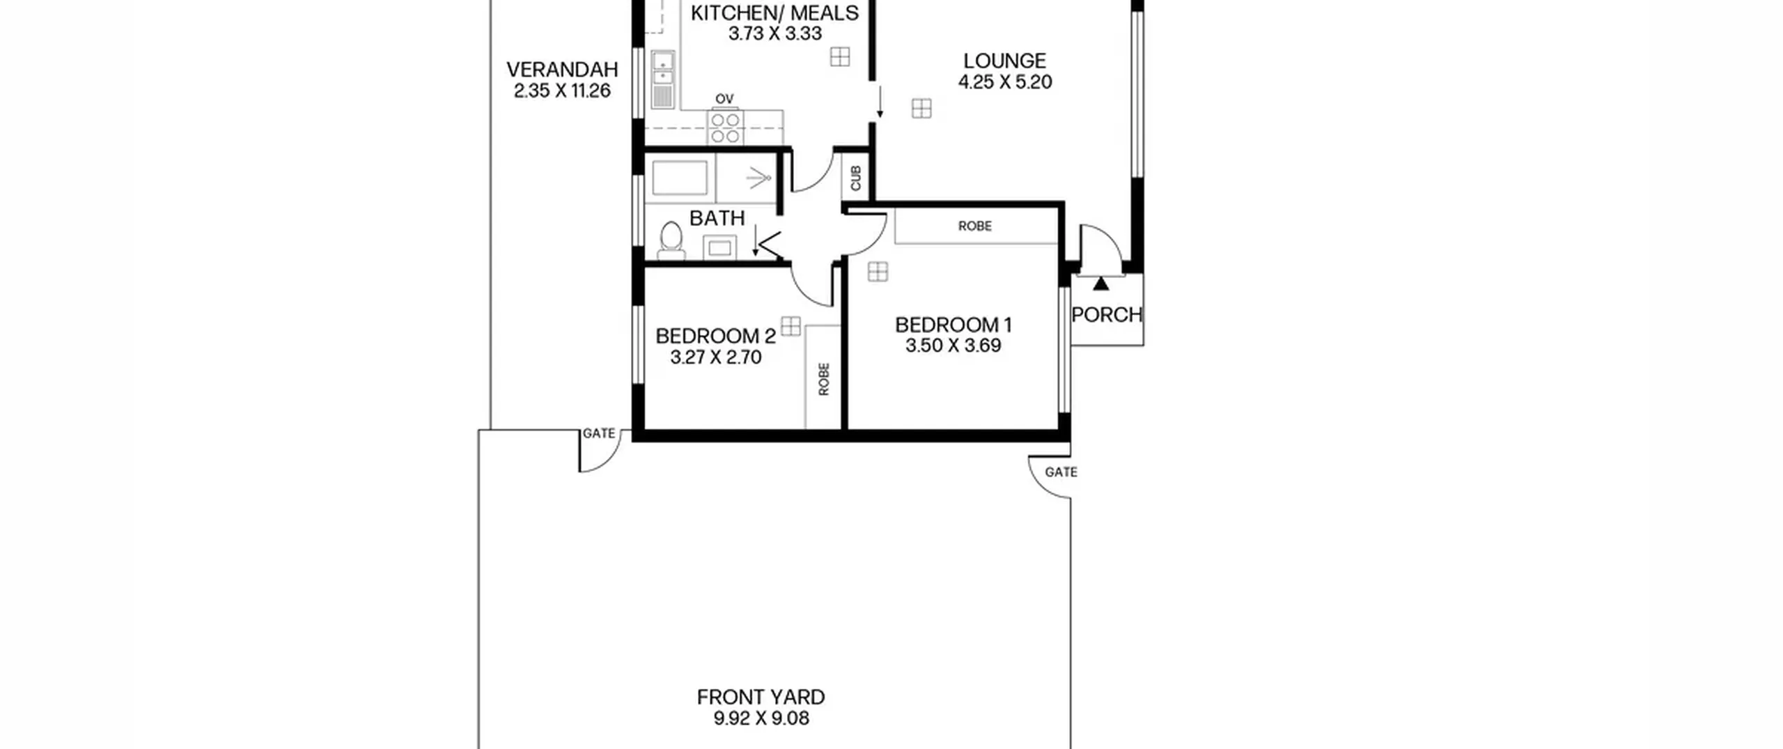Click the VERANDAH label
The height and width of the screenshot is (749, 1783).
coord(562,70)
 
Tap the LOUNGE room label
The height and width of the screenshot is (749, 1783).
coord(1004,61)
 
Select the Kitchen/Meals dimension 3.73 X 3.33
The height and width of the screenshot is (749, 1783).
coord(775,33)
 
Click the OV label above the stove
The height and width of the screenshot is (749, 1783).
coord(724,100)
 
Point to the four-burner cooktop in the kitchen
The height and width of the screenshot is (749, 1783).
coord(726,128)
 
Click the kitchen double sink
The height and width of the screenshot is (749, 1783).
coord(662,80)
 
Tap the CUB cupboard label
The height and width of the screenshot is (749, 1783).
coord(856,178)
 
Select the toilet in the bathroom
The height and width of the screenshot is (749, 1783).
coord(671,241)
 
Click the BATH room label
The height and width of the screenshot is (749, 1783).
coord(717,219)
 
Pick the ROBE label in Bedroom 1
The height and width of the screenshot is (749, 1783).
coord(975,226)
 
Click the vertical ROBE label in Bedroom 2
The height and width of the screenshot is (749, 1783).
coord(824,379)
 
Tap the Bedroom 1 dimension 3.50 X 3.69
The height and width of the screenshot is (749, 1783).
coord(953,346)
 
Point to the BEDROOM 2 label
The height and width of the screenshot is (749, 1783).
coord(715,337)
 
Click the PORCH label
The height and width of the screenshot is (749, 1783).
coord(1107,316)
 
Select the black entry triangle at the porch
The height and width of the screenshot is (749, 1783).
coord(1100,284)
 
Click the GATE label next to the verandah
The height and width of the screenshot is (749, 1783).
coord(599,433)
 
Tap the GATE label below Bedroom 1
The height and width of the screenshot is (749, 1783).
coord(1061,472)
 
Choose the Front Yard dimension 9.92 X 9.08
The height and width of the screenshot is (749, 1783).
coord(761,718)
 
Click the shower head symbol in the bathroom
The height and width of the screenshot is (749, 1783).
coord(758,180)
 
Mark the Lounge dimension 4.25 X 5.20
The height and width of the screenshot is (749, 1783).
coord(1005,82)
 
